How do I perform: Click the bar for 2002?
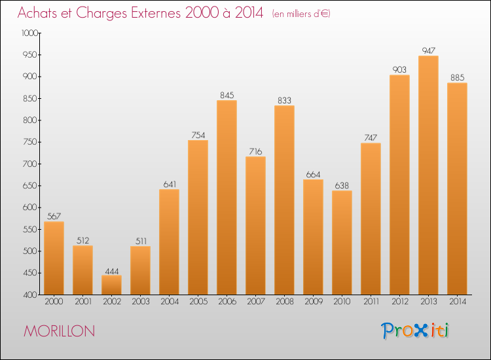[x=111, y=285]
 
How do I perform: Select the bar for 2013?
[x=428, y=175]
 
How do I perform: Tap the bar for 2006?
[x=227, y=197]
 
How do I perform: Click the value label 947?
[x=428, y=50]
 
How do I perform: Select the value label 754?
[x=198, y=135]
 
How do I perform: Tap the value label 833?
[x=284, y=100]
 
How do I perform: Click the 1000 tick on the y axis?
[x=29, y=33]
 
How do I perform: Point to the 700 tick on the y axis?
[x=31, y=164]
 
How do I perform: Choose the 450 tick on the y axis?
[x=31, y=273]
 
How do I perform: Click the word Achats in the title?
[x=39, y=13]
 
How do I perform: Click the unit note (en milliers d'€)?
[x=301, y=14]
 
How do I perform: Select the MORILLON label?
[x=59, y=331]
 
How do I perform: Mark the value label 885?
[x=457, y=77]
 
